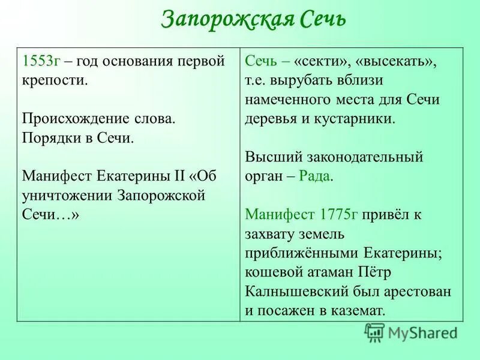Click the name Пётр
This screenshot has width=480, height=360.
click(376, 272)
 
